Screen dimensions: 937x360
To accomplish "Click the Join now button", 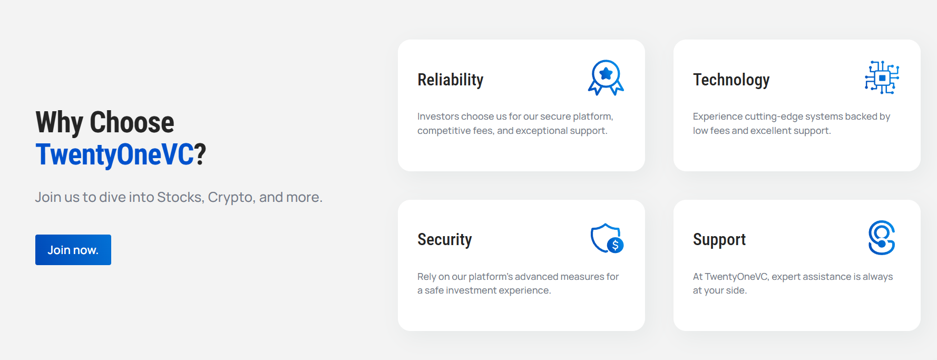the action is (x=73, y=250).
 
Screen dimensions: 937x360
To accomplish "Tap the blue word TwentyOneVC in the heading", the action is (x=115, y=155).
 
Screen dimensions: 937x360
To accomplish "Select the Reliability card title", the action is (x=451, y=80).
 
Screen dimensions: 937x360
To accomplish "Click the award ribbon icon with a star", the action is (x=606, y=77).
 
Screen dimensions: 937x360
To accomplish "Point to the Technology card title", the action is (x=731, y=80).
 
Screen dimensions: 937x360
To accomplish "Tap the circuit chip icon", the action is (x=882, y=77).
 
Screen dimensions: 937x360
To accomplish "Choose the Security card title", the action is (x=445, y=240).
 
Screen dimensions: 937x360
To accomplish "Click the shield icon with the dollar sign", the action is (x=607, y=238).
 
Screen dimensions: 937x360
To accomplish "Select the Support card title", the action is (x=719, y=240).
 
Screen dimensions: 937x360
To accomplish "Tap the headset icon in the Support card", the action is (x=882, y=238).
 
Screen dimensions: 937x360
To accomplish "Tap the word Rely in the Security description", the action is (x=426, y=277).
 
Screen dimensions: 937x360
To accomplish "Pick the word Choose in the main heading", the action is (x=132, y=122).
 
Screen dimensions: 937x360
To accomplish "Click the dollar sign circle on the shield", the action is (x=615, y=245).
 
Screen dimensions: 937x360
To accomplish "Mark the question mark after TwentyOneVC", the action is (x=200, y=155).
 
